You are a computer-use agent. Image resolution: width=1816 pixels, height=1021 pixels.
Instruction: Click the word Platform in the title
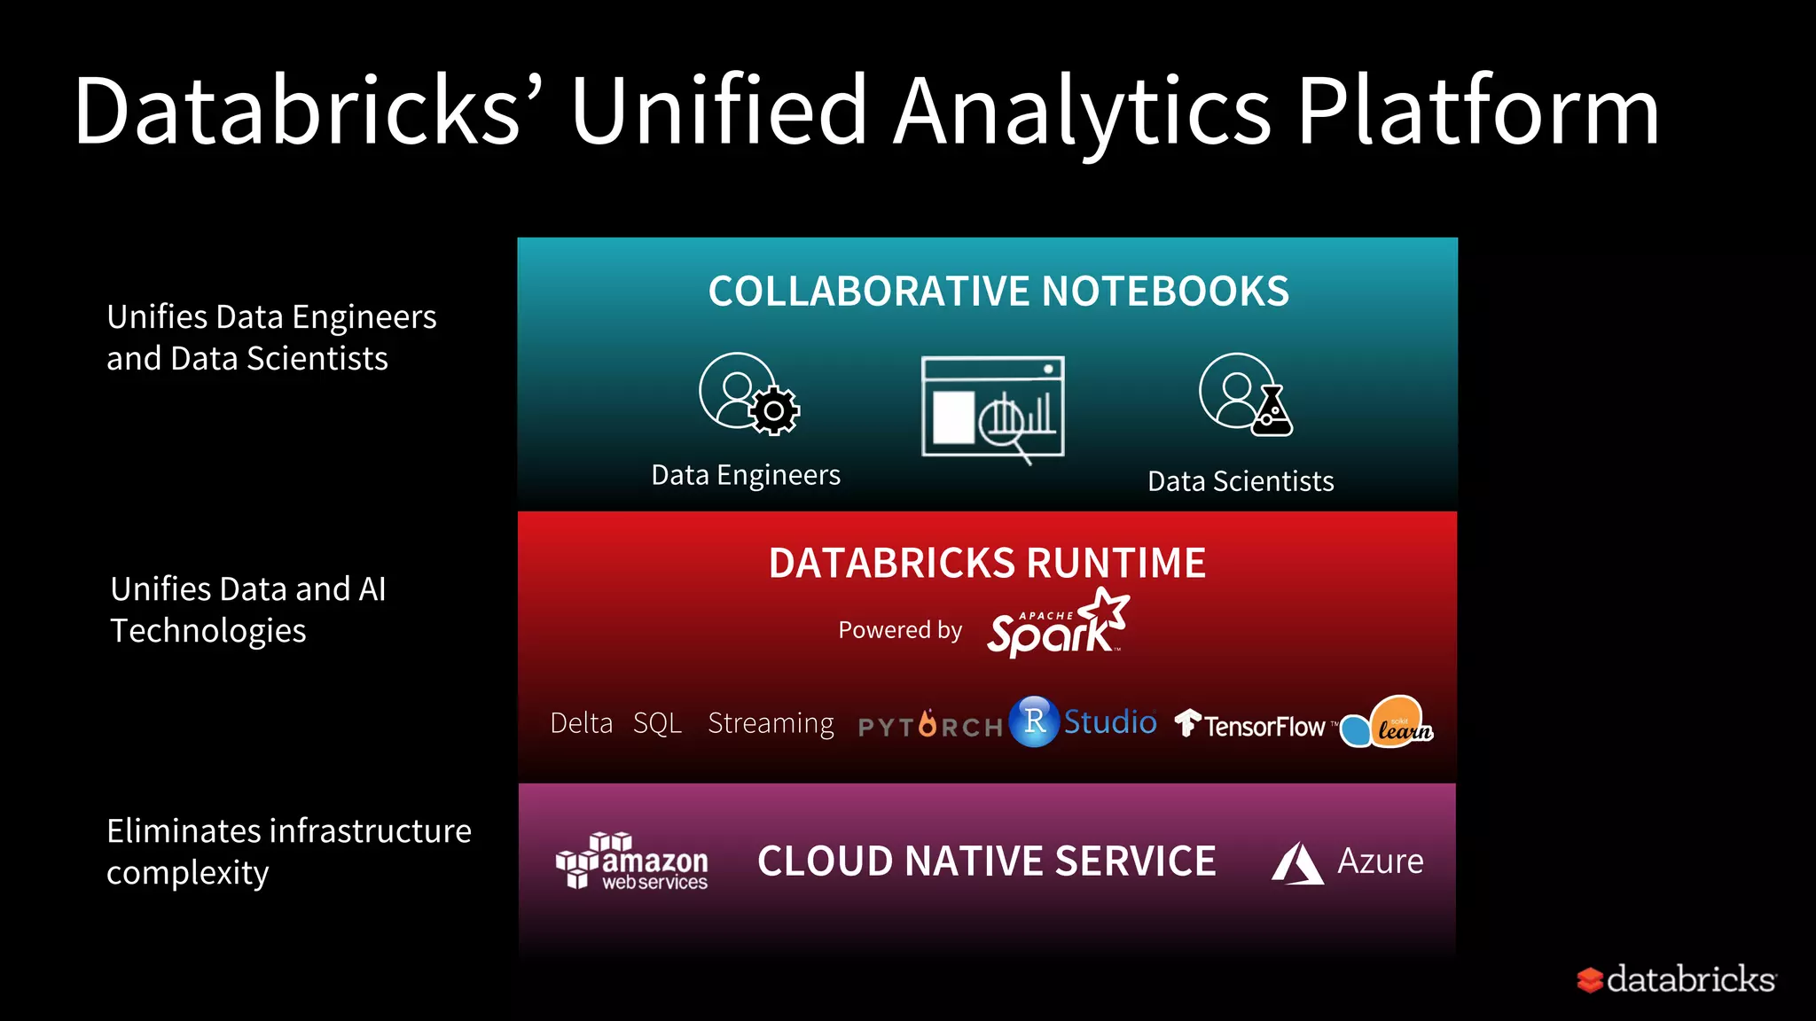(x=1477, y=113)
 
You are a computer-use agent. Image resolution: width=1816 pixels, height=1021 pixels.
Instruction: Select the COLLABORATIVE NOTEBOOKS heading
(x=998, y=292)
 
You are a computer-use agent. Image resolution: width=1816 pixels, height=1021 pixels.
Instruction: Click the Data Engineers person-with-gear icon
(x=748, y=394)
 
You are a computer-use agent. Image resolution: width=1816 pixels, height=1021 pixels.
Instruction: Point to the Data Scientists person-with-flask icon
(x=1244, y=394)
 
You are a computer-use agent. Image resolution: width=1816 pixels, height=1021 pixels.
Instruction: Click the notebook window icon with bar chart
(x=993, y=408)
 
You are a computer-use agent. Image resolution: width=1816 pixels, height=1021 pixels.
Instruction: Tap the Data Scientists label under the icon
(x=1241, y=481)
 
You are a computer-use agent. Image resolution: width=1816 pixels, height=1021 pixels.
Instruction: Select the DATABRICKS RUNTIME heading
(x=987, y=564)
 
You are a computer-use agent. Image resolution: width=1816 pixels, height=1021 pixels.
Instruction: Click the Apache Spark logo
(x=1057, y=624)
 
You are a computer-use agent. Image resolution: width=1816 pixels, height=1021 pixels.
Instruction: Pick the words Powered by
(x=900, y=630)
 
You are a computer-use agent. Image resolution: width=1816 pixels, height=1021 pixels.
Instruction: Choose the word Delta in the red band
(x=581, y=723)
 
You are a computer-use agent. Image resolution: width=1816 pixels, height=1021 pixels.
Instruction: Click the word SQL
(x=657, y=723)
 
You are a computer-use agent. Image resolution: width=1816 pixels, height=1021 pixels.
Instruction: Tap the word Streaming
(x=771, y=723)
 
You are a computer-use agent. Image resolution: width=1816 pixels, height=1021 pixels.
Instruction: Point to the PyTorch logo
(x=930, y=726)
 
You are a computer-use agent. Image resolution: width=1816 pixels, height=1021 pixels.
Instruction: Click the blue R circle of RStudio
(x=1034, y=721)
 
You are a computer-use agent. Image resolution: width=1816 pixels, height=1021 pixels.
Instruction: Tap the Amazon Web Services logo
(x=631, y=861)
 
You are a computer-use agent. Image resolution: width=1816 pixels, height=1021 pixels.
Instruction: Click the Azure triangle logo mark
(x=1297, y=862)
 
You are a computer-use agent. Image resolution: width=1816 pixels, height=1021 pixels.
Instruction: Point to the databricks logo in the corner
(x=1676, y=979)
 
